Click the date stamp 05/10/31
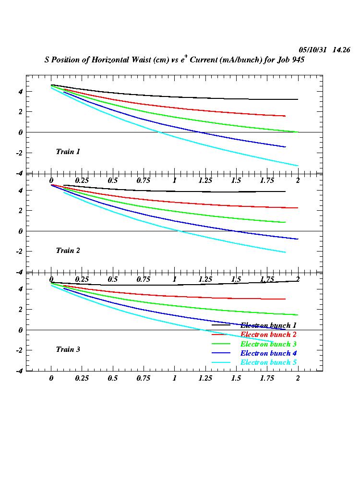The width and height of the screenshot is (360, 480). pos(312,50)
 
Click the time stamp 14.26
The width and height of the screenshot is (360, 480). pos(341,50)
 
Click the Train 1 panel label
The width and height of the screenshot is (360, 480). pos(68,152)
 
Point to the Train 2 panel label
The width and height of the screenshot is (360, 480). pos(68,251)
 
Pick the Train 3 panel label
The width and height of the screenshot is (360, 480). pos(68,349)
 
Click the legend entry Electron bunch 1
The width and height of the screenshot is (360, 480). pos(268,325)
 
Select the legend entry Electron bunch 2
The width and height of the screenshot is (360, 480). pos(268,335)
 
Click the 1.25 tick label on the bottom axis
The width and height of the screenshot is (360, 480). pos(205,378)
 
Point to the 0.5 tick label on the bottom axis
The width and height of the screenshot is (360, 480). pos(113,378)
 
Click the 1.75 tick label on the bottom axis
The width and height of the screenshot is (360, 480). pos(267,378)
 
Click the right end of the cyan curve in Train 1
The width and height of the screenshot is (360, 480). pos(298,166)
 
